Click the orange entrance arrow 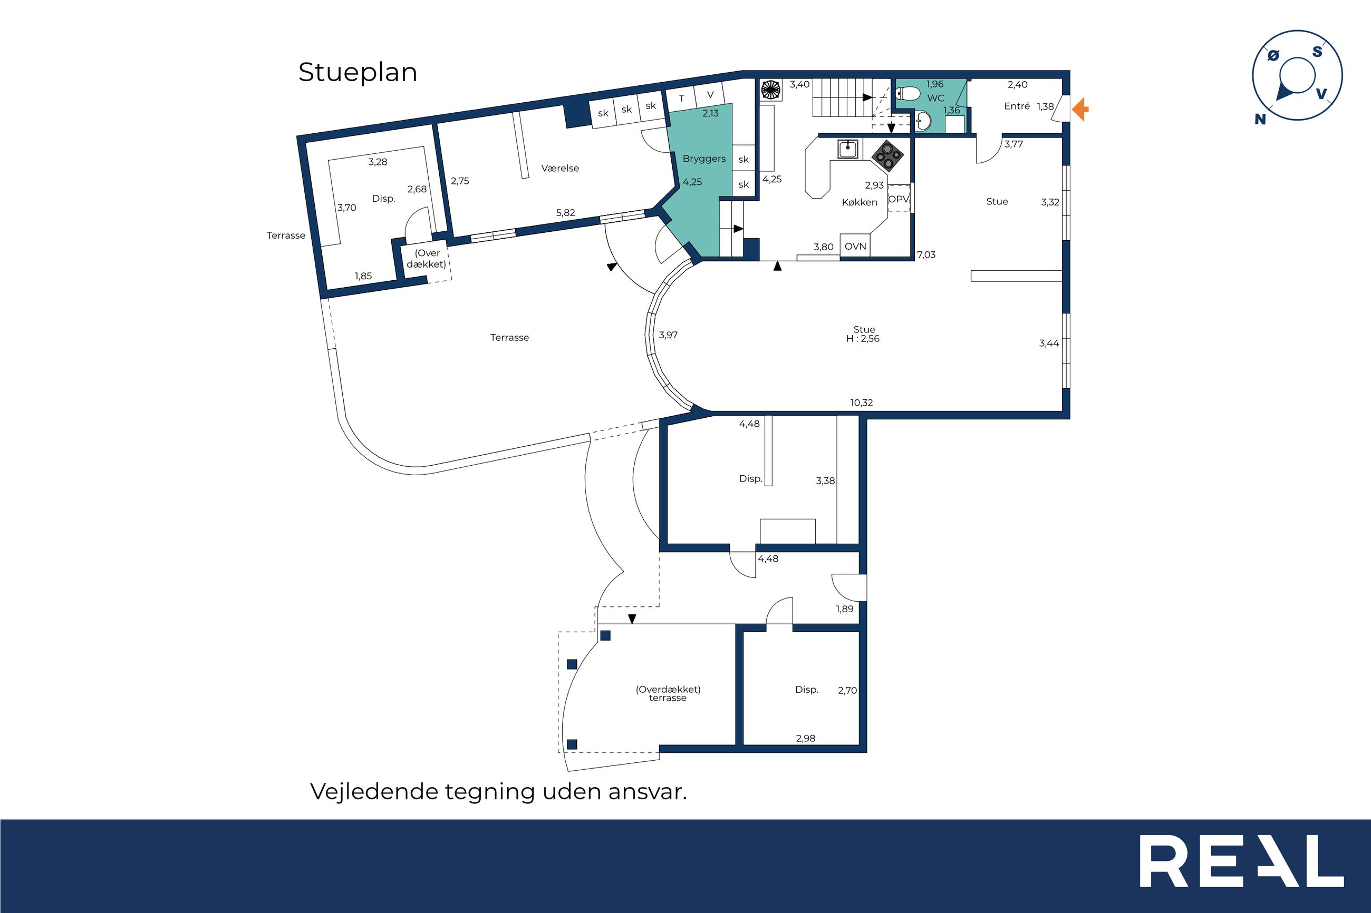pos(1080,109)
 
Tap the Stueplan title pos(358,73)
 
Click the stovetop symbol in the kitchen pos(887,155)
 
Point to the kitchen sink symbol pos(847,150)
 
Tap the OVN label pos(855,247)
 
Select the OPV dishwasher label pos(899,199)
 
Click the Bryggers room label pos(704,159)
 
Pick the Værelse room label pos(560,168)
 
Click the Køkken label pos(860,203)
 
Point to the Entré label pos(1017,106)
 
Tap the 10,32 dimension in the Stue pos(861,403)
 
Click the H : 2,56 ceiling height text pos(863,339)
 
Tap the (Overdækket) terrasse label pos(668,693)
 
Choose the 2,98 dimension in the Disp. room pos(806,738)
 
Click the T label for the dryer pos(681,99)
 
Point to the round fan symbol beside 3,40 pos(770,90)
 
